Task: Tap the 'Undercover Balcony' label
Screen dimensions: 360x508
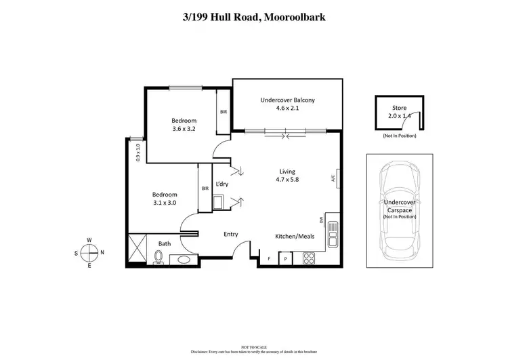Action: [288, 101]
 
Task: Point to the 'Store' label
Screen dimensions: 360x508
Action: [400, 107]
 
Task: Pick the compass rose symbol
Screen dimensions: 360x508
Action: [89, 253]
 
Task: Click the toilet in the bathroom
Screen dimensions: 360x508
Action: [159, 256]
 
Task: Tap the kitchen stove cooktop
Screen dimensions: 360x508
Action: [308, 258]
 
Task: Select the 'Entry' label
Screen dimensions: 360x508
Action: [231, 235]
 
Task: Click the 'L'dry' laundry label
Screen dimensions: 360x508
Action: [221, 184]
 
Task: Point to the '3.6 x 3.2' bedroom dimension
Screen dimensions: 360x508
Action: [184, 129]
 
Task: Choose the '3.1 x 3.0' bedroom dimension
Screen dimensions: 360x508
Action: [164, 202]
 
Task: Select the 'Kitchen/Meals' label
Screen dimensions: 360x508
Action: [293, 237]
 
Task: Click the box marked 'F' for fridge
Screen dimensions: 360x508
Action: [269, 258]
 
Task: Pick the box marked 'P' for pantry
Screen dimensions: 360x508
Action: [286, 258]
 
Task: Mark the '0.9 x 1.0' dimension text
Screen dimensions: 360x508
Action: [137, 153]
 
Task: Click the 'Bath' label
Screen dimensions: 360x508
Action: [165, 243]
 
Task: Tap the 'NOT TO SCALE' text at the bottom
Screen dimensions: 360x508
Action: [254, 346]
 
